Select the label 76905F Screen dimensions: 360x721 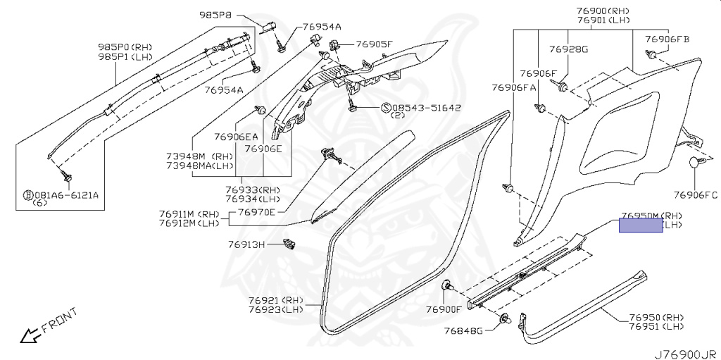tap(373, 44)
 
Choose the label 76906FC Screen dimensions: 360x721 tap(696, 195)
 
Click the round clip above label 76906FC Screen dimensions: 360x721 tap(696, 163)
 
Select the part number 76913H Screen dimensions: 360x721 tap(246, 245)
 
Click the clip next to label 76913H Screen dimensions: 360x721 tap(287, 244)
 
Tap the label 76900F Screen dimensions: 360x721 tap(444, 309)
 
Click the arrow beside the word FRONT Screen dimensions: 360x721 tap(30, 335)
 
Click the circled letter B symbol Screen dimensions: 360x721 tap(27, 195)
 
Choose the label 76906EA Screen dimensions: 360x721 tap(237, 136)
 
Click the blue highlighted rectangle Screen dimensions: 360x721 tap(641, 225)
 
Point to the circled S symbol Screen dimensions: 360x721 tap(385, 108)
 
